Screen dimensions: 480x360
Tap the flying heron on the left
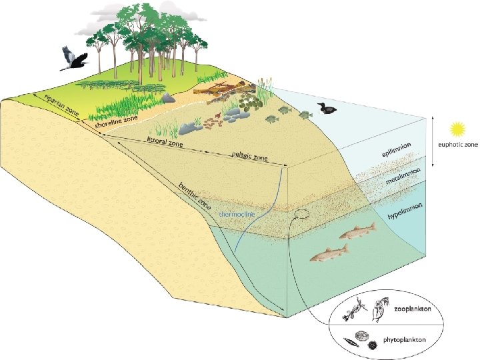point(73,59)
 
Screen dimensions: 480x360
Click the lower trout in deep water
point(329,253)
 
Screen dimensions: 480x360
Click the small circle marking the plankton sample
point(301,216)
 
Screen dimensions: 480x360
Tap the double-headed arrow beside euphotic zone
point(433,142)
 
